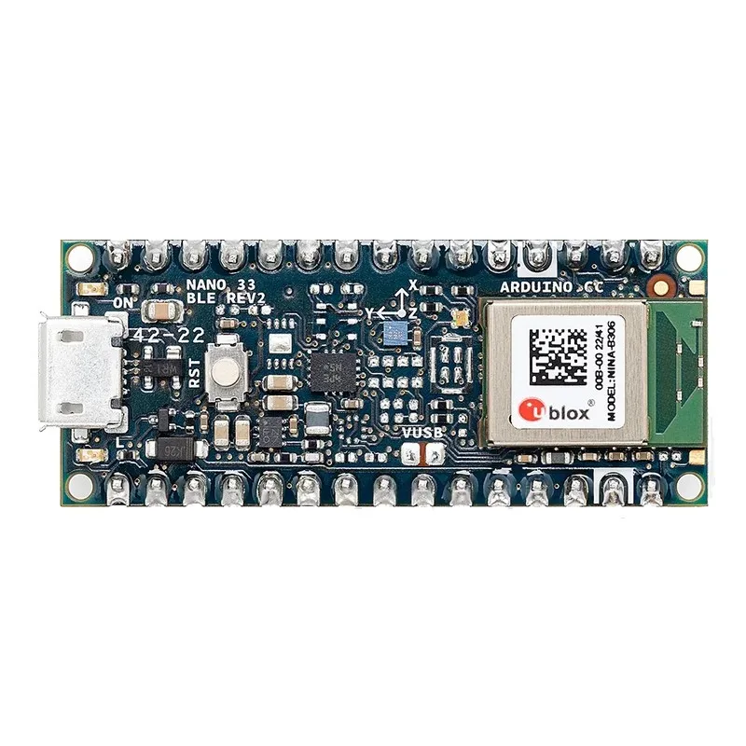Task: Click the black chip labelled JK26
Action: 176,448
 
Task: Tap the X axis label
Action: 414,281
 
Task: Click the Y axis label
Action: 369,311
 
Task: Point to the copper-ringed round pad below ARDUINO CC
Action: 660,289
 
